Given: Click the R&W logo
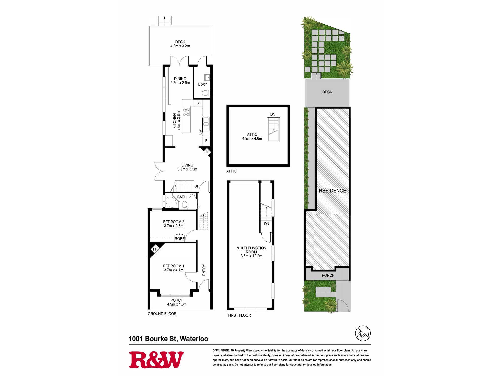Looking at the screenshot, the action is tap(156, 360).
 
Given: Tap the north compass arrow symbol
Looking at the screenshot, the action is tap(363, 333).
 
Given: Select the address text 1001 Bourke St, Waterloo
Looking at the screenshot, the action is tap(168, 339).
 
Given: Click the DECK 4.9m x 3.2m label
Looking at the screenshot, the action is tap(180, 44).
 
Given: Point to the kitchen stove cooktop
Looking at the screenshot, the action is tap(186, 112).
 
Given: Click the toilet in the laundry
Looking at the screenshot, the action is tap(205, 93).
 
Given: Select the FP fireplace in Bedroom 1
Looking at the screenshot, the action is tap(155, 249).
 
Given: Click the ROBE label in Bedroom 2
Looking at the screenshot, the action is tap(180, 239).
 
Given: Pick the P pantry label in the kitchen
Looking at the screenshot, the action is tap(198, 103).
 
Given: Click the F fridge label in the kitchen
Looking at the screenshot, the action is tap(206, 141).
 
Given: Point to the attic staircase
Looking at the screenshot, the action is tap(273, 130).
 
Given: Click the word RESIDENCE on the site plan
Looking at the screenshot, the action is tap(332, 191).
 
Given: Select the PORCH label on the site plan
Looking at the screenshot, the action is tap(328, 275).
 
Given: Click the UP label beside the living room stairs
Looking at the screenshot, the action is tap(197, 186).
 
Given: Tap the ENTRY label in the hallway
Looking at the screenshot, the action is tap(204, 270).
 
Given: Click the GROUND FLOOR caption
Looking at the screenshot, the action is tap(162, 314).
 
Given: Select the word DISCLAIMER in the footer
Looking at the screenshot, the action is tap(221, 350).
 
